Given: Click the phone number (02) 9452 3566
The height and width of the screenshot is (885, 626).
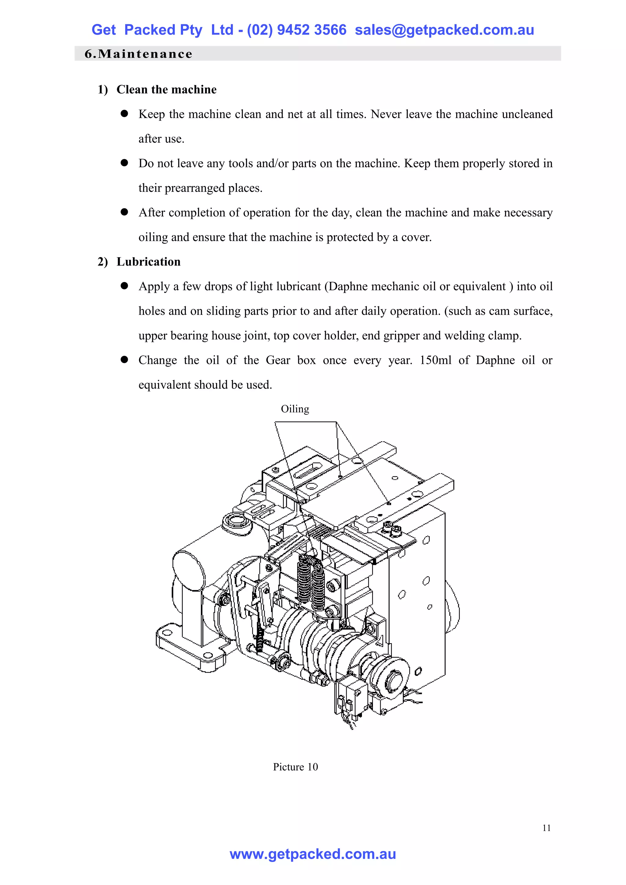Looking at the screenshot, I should coord(296,30).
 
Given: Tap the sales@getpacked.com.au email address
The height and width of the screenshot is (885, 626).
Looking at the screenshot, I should coord(444,30).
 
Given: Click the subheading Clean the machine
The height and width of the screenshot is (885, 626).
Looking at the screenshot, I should coord(166,90).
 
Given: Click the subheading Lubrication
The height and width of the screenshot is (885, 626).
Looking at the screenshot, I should coord(149,262).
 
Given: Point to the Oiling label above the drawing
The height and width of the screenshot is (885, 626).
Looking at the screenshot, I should coord(295,409).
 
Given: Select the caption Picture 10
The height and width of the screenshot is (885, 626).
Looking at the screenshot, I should coord(295,767).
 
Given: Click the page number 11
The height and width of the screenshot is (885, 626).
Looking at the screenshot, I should coord(546,828).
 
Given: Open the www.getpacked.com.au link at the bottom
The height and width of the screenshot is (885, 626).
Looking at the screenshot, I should coord(313,854).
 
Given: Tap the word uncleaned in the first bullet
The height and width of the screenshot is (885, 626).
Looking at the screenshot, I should coord(528,114).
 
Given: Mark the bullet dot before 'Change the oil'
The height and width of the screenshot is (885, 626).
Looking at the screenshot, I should coord(124,359).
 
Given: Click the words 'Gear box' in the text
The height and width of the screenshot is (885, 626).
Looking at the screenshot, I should coord(291,360).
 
